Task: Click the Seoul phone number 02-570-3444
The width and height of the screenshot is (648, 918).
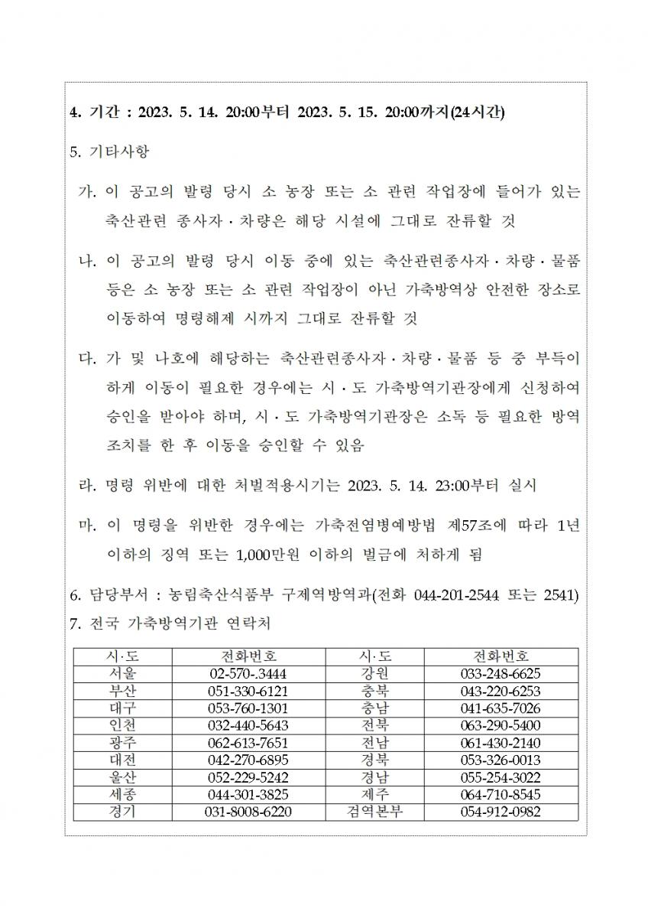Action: (248, 674)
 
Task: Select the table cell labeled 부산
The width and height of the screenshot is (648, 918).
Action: (123, 691)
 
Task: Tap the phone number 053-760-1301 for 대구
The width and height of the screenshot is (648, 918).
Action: (248, 708)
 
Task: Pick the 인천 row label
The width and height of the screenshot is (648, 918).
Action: (123, 724)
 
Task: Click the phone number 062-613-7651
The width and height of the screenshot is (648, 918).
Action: (248, 742)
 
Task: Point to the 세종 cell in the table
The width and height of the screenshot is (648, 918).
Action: (123, 793)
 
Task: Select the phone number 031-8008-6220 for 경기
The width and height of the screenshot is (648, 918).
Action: (248, 811)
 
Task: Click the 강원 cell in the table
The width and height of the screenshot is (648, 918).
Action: (374, 674)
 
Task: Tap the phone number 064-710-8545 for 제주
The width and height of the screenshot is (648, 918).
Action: (501, 793)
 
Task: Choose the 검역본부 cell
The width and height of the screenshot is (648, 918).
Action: (374, 811)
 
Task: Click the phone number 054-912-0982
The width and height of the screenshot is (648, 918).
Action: (501, 811)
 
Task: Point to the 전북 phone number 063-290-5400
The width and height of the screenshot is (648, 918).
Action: (501, 724)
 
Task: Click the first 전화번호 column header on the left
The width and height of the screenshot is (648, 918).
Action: (248, 657)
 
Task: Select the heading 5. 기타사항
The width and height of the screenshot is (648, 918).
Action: (109, 151)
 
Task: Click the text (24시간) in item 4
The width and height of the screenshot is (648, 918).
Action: (477, 112)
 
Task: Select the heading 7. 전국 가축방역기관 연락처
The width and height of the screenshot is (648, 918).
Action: (169, 623)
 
